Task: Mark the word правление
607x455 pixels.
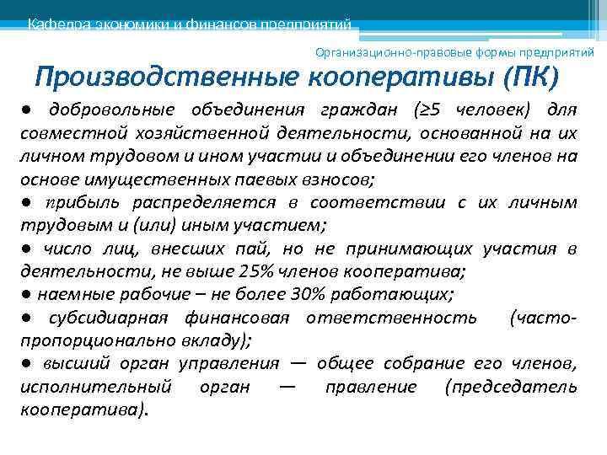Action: coord(383,387)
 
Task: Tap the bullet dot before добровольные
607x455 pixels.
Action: coord(28,111)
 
